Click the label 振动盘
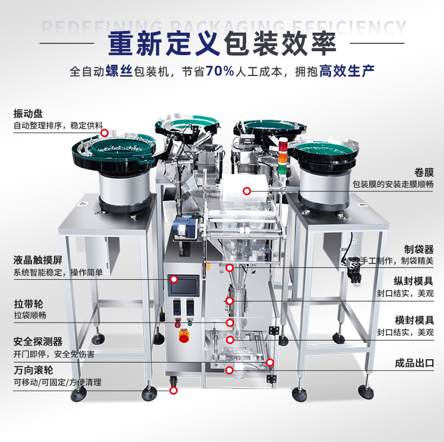pos(28,114)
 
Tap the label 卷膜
pos(424,172)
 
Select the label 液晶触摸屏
pos(38,260)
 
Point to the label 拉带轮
pos(28,304)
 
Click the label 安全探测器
pos(38,342)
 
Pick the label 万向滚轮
pos(33,370)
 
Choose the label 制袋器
pos(419,249)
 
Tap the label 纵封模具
pos(414,281)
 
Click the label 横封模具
pos(414,320)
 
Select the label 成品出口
pos(414,363)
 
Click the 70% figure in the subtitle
pos(220,71)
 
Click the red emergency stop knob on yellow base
pos(184,336)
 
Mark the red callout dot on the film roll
pos(247,191)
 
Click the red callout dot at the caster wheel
pos(173,390)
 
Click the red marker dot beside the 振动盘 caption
pos(105,132)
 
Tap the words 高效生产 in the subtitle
pos(347,71)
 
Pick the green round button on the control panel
pos(190,323)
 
